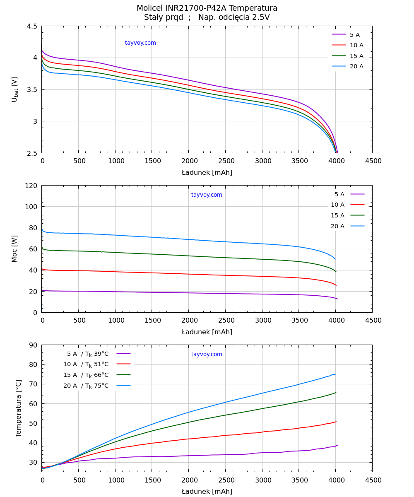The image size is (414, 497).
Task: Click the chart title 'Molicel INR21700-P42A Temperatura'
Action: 207,8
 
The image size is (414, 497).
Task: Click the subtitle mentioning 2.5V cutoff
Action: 207,17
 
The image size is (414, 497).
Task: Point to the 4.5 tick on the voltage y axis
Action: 32,26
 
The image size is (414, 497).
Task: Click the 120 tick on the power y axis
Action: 31,186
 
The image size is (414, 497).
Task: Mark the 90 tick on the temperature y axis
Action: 33,345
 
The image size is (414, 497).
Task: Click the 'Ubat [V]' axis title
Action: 15,89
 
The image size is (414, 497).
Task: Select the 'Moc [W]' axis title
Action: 15,249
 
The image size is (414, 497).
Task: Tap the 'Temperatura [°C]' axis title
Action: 19,408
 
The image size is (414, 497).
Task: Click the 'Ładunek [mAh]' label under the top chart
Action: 207,173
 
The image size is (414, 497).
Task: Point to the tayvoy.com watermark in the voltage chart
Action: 140,43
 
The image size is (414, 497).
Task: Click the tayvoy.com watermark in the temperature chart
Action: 207,355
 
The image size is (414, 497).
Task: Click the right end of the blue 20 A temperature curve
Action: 335,374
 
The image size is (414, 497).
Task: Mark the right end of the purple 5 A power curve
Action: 337,299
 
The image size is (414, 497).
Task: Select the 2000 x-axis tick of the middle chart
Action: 189,321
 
